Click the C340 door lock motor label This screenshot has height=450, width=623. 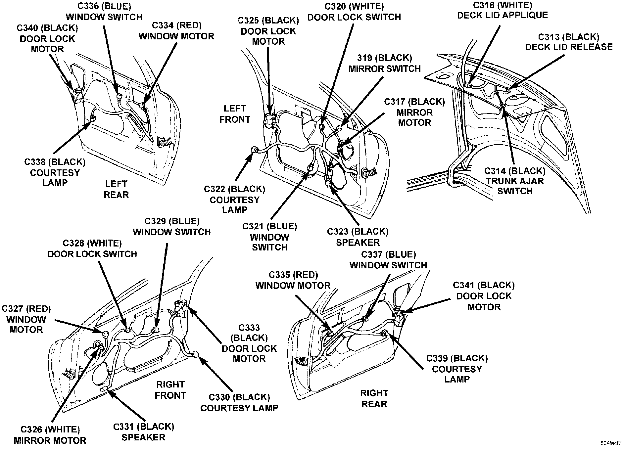47,38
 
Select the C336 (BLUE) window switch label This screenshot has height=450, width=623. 104,12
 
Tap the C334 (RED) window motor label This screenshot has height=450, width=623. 176,31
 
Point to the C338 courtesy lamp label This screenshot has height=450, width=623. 55,172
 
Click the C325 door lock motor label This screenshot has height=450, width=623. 268,31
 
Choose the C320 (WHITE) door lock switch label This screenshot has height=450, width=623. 354,12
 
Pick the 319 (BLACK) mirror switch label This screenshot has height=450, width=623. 385,63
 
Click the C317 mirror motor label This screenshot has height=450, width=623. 414,112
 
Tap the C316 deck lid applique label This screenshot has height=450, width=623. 503,10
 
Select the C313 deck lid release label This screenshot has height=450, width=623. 569,42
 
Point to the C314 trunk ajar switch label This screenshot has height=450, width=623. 515,181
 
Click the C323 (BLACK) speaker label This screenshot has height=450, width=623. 358,237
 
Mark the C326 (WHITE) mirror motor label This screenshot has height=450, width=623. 50,435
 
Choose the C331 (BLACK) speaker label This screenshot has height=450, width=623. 143,432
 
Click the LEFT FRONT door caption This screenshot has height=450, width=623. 235,114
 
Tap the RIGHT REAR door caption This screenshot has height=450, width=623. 374,398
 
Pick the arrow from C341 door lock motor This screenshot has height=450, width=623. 427,306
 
